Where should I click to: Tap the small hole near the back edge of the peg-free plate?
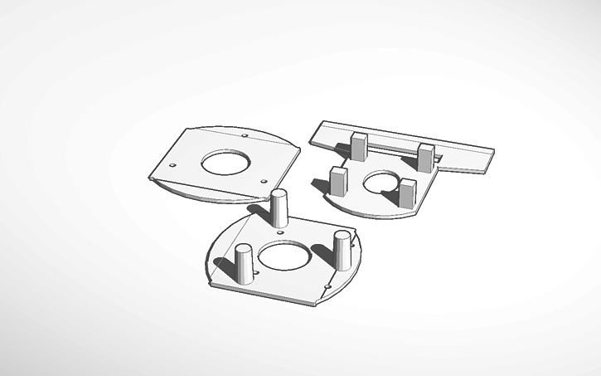pos(245,135)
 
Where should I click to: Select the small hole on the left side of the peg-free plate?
pos(172,165)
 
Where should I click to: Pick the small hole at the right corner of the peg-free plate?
pos(264,181)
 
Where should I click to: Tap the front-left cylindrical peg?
pos(244,265)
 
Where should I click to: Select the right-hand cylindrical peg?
pos(342,251)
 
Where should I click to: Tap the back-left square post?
pos(359,146)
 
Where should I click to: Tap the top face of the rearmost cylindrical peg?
pos(280,194)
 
